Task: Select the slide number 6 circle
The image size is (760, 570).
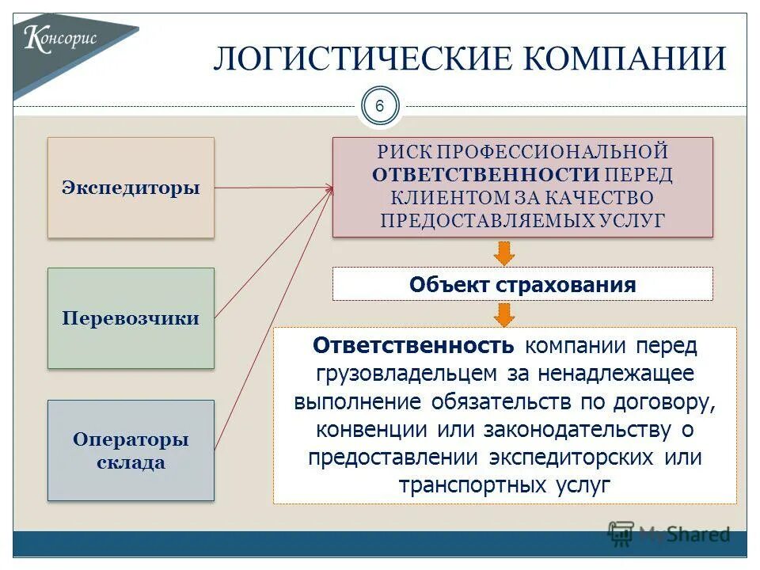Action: click(x=379, y=107)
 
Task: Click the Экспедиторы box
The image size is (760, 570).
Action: click(x=131, y=188)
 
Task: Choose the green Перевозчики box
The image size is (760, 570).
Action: click(x=131, y=318)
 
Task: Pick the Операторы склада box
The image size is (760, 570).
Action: click(x=131, y=450)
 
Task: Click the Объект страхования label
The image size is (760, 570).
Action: click(x=522, y=284)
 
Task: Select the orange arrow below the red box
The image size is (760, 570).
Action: click(x=504, y=253)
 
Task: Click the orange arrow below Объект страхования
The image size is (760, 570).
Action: click(x=504, y=314)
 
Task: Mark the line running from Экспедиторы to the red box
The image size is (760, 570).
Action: click(x=273, y=188)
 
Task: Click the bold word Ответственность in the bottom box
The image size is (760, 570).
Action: click(x=414, y=345)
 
